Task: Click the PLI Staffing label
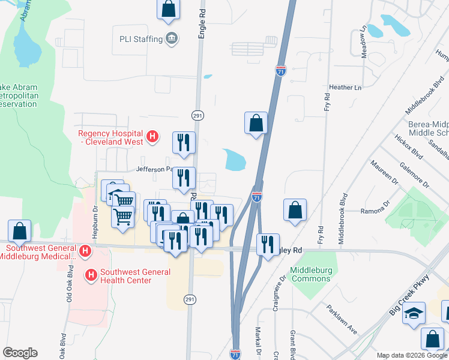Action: tap(140, 39)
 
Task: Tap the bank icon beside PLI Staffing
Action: tap(172, 39)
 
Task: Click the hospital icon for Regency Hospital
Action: tap(152, 137)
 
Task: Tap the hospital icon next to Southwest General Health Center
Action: tap(91, 275)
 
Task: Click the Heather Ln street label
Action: tap(349, 87)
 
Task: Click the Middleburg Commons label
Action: tap(311, 274)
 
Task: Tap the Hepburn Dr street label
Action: tap(95, 217)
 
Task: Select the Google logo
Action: tap(20, 353)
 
